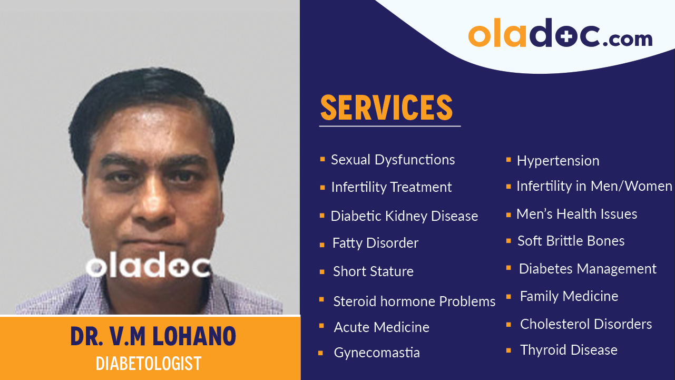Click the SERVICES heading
pyautogui.click(x=386, y=108)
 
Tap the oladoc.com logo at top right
pyautogui.click(x=560, y=34)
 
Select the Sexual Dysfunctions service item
pyautogui.click(x=393, y=160)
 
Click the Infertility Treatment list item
pyautogui.click(x=391, y=187)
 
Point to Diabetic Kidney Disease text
pyautogui.click(x=404, y=216)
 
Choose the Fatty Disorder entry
pyautogui.click(x=375, y=243)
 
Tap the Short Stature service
pyautogui.click(x=373, y=271)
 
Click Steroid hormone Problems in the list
pyautogui.click(x=414, y=301)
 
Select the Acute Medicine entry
pyautogui.click(x=381, y=327)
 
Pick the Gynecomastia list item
pyautogui.click(x=377, y=353)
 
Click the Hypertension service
pyautogui.click(x=558, y=161)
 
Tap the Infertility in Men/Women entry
pyautogui.click(x=594, y=186)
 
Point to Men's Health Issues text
pyautogui.click(x=576, y=214)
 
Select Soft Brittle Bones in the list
pyautogui.click(x=571, y=241)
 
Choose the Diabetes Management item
pyautogui.click(x=588, y=269)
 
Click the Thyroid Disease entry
pyautogui.click(x=569, y=350)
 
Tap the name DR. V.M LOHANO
pyautogui.click(x=153, y=337)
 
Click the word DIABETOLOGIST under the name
pyautogui.click(x=149, y=363)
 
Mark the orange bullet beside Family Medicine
pyautogui.click(x=508, y=297)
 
